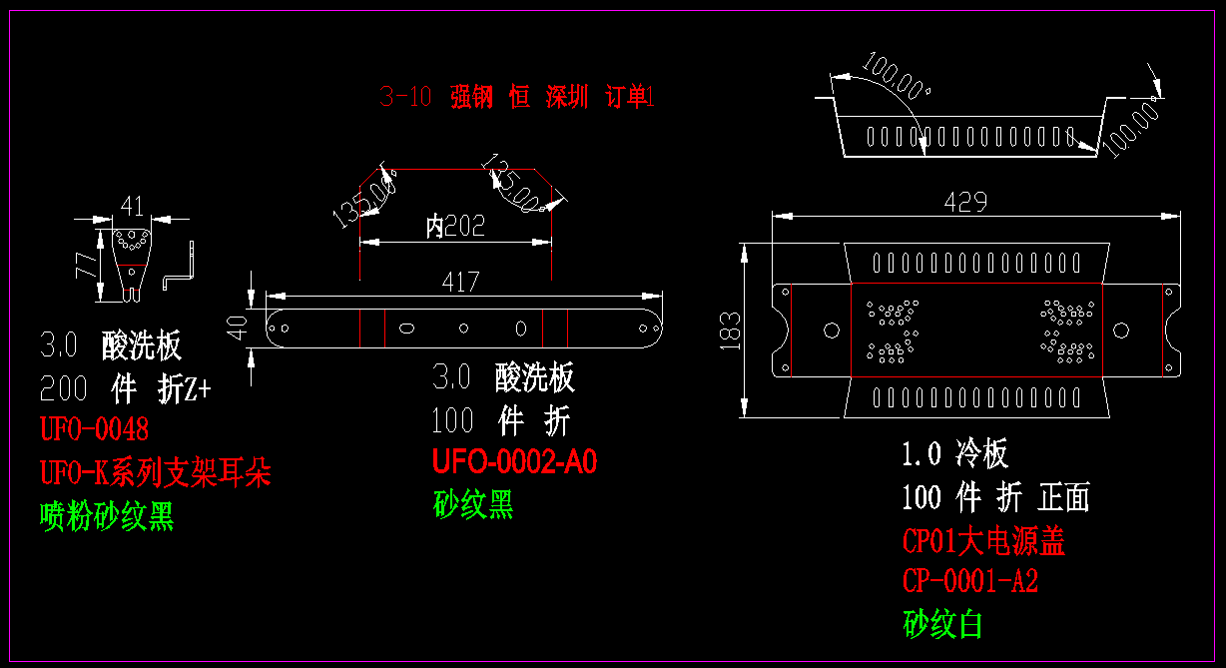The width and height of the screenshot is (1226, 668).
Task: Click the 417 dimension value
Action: [x=460, y=282]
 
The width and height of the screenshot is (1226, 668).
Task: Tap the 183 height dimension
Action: [x=730, y=331]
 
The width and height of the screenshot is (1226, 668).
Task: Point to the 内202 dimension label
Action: [x=455, y=227]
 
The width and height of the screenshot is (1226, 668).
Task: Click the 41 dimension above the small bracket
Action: [x=132, y=207]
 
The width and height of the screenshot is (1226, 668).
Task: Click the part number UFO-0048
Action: [x=94, y=430]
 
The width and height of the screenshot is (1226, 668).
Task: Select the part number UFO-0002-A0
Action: [x=514, y=462]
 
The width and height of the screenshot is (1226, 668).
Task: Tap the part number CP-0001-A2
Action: [x=969, y=581]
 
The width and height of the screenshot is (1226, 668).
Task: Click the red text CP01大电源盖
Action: [x=982, y=541]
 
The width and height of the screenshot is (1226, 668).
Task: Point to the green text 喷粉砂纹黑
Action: [x=107, y=516]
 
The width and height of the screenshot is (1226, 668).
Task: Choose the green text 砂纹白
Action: [x=942, y=624]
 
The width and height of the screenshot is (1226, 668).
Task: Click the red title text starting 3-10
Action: [x=516, y=97]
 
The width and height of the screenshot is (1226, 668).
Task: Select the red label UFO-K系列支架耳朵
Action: [x=155, y=472]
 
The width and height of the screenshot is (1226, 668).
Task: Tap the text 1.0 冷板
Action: [x=954, y=454]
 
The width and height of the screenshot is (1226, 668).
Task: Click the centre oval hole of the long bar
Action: [x=463, y=328]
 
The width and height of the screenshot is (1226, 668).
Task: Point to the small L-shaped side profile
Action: [x=182, y=267]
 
